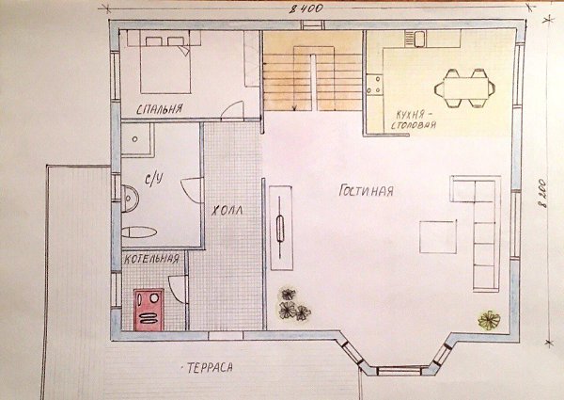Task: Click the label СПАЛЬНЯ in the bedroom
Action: (x=160, y=109)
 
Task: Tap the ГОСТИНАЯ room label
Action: (x=367, y=190)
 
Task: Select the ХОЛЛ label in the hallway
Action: (x=227, y=211)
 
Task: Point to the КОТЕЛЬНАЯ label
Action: (x=151, y=259)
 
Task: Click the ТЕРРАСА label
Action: (x=210, y=368)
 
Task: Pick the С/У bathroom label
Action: (x=154, y=179)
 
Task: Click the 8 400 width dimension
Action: (x=306, y=8)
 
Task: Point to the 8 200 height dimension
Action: (x=542, y=193)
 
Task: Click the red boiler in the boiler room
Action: (x=149, y=310)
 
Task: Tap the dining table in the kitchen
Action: (x=465, y=88)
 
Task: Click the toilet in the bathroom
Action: (x=139, y=232)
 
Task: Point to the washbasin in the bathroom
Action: (x=130, y=199)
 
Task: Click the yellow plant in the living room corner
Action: (x=489, y=320)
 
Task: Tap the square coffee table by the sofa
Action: (x=438, y=236)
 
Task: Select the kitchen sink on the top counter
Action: (x=419, y=39)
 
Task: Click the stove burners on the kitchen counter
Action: (x=374, y=85)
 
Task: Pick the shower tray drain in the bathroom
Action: (x=134, y=139)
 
